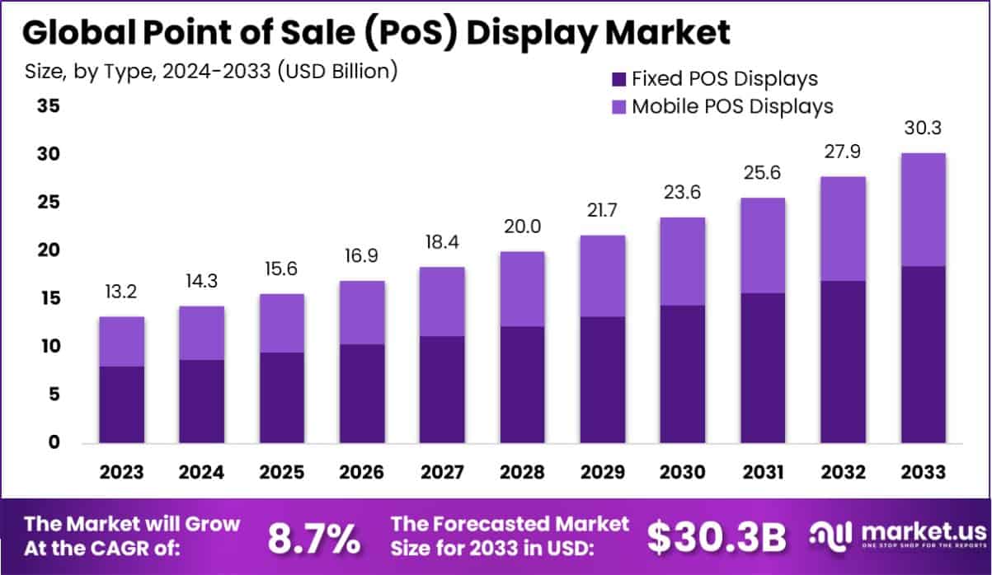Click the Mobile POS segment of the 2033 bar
coord(923,209)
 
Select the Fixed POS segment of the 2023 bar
coord(122,404)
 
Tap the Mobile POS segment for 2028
coord(522,288)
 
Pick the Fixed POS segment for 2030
coord(682,374)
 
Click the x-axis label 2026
coord(362,472)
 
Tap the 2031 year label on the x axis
coord(762,472)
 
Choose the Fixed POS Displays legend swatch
coord(619,79)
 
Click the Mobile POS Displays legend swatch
coord(619,106)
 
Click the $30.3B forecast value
coord(716,537)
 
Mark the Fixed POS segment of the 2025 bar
coord(282,398)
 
